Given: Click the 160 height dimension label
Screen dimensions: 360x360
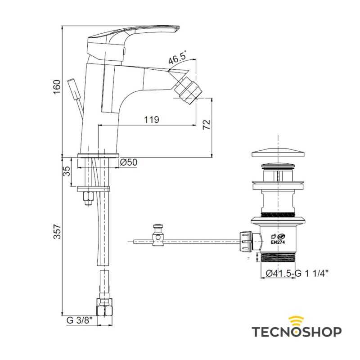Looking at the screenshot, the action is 57,86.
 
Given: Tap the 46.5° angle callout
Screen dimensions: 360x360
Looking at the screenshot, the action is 177,58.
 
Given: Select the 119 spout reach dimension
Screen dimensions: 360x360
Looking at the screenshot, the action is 152,120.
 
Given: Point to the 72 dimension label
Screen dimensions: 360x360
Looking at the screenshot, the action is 207,125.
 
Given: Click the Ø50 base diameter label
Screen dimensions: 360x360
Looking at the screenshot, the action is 129,162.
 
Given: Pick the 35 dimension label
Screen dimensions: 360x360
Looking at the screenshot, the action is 66,171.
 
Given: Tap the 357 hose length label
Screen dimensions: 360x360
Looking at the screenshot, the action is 57,231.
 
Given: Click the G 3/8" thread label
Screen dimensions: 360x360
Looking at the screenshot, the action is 80,320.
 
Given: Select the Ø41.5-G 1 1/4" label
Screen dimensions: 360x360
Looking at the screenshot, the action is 297,274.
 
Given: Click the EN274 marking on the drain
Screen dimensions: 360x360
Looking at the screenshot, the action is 278,242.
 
